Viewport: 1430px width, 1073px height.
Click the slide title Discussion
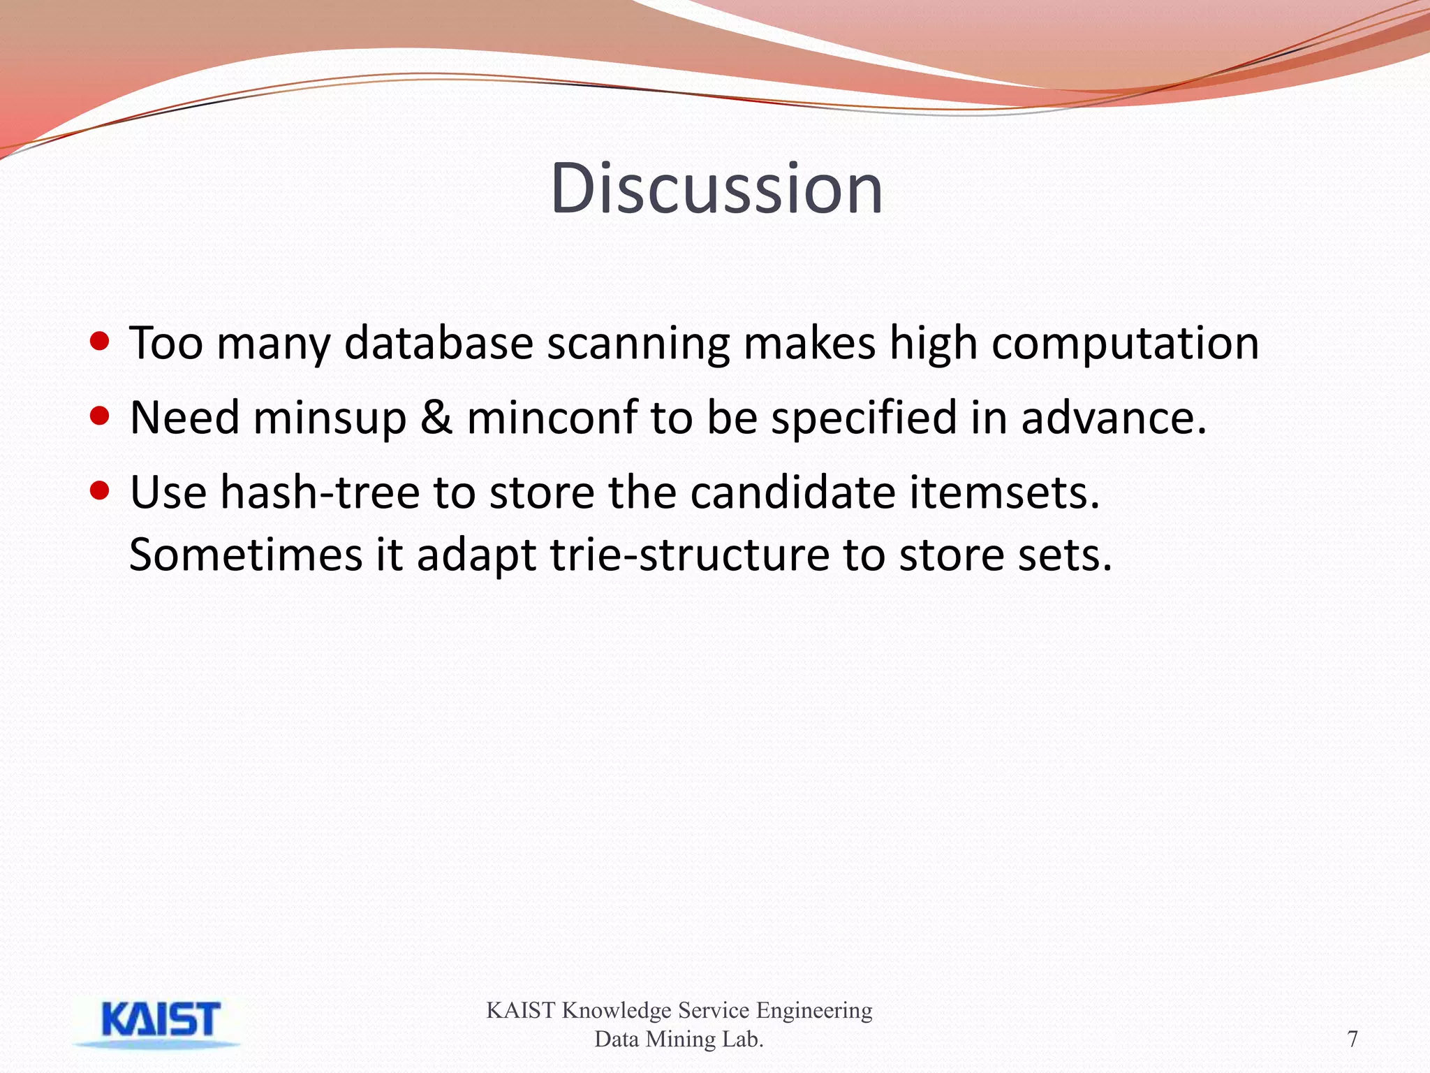coord(716,189)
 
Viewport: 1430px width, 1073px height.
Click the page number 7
coord(1352,1039)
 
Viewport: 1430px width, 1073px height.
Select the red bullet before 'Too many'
coord(101,342)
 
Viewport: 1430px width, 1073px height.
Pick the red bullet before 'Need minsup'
coord(101,416)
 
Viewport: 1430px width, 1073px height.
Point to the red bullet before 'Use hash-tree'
coord(101,490)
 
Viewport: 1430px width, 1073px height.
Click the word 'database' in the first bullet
coord(438,344)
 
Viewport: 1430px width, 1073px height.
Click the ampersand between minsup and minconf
coord(436,418)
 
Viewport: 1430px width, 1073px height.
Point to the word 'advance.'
coord(1114,418)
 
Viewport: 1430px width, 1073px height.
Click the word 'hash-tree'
coord(320,492)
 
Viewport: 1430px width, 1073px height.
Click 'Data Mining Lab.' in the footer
coord(679,1039)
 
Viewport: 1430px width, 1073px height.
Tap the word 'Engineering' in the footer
coord(814,1010)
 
